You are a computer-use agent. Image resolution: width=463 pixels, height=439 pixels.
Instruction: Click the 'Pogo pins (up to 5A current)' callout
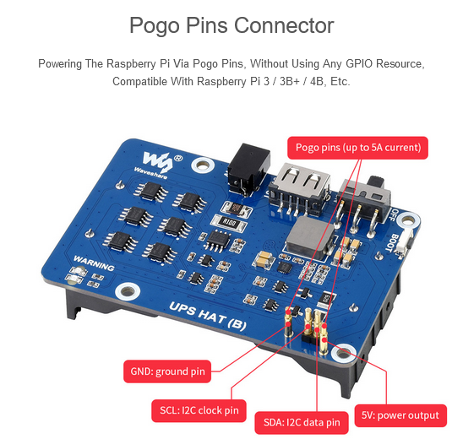357,148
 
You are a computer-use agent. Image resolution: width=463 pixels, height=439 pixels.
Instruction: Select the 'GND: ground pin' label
167,371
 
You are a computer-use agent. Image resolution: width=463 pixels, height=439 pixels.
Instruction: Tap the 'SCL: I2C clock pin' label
199,410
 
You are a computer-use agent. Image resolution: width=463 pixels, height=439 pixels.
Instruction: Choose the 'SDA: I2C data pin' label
302,422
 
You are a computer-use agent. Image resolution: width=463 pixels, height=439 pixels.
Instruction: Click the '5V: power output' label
400,415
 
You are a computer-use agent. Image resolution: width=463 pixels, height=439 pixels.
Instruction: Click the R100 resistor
230,222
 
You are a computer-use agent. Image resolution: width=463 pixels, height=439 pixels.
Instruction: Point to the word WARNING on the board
94,263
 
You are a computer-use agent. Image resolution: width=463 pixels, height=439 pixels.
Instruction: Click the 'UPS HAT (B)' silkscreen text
208,316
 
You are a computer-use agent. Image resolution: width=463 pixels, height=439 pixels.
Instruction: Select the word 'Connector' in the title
284,25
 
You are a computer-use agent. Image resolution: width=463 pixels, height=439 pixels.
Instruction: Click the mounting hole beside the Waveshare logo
203,165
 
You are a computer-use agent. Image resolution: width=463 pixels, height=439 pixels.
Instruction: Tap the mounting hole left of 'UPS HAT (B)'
128,291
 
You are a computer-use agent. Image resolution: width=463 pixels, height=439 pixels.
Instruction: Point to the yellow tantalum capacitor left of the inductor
264,260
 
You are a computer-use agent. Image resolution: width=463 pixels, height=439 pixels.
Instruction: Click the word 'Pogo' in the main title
155,25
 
